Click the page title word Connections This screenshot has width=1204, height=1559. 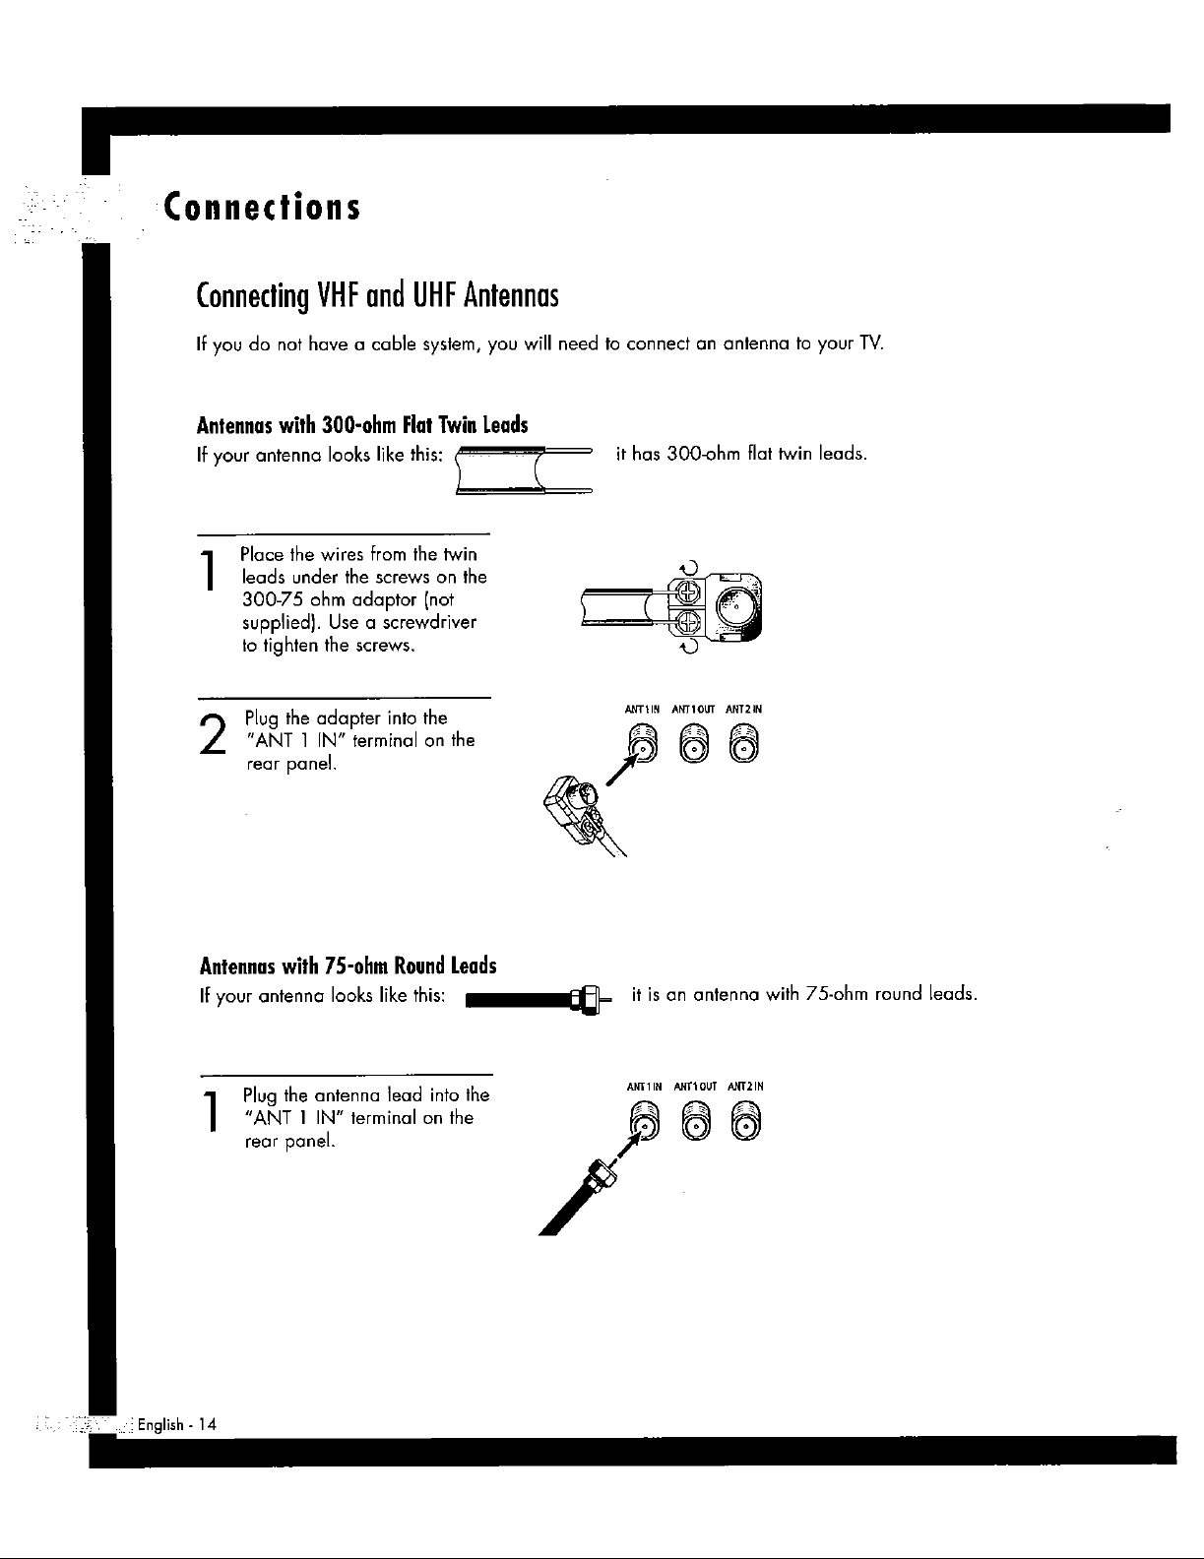click(x=261, y=209)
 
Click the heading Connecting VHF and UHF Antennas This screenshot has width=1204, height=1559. click(x=379, y=294)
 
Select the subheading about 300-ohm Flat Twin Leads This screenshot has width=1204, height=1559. click(x=363, y=425)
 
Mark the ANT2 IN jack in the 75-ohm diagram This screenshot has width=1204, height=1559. click(x=746, y=1117)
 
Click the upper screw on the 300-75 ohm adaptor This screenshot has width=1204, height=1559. click(x=687, y=593)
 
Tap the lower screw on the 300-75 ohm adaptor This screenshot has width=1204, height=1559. click(x=687, y=621)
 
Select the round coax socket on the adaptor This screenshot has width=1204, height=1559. click(x=737, y=606)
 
